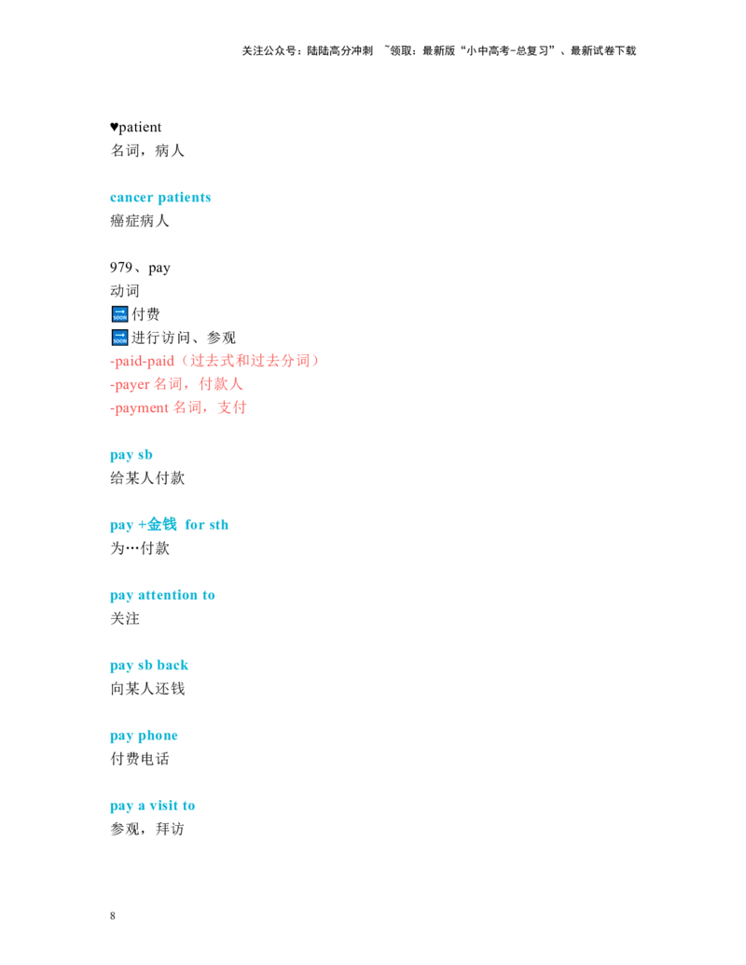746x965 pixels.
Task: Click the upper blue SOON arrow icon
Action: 119,314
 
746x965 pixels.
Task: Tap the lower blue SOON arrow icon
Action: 119,338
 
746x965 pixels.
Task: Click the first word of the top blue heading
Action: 131,199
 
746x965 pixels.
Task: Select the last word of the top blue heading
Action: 185,199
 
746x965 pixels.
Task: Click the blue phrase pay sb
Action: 131,455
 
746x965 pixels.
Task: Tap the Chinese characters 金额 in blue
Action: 160,525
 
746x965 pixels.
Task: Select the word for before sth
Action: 194,525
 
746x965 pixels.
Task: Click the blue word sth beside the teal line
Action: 218,525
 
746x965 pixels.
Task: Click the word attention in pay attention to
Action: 168,596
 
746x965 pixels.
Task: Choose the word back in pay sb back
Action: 173,666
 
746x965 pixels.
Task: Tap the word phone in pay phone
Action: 159,737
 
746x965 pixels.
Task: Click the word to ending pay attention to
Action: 210,596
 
